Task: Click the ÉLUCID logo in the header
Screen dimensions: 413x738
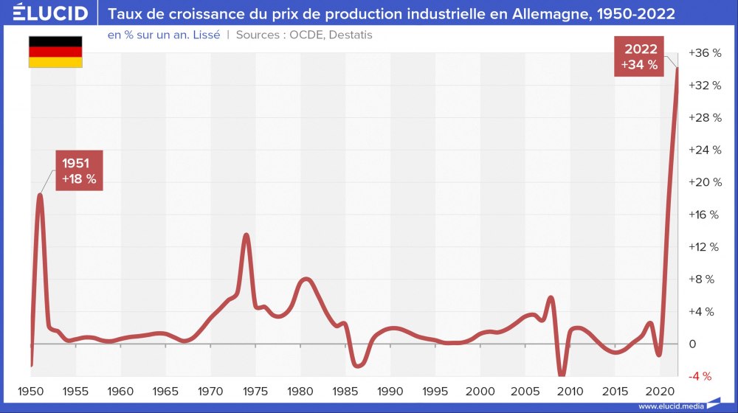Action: tap(50, 13)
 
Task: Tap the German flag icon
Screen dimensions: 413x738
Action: tap(55, 51)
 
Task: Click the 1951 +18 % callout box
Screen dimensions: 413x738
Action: tap(79, 170)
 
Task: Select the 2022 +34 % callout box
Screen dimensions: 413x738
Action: tap(639, 58)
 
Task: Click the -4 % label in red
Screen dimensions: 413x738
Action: tap(700, 376)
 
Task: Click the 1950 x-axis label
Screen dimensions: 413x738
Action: tap(31, 391)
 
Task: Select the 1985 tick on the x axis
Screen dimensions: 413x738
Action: tap(346, 391)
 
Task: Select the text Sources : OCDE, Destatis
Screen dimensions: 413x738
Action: tap(304, 35)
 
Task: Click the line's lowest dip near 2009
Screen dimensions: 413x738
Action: tap(562, 375)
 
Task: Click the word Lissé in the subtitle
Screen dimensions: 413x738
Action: tap(206, 35)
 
